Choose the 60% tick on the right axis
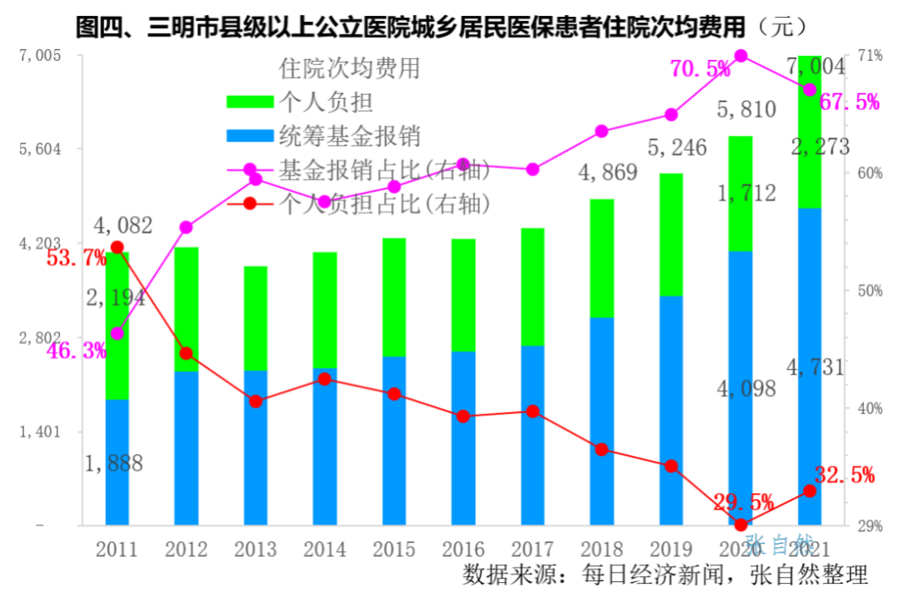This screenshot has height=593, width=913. (x=870, y=173)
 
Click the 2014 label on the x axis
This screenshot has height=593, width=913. (x=325, y=550)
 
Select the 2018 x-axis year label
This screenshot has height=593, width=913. (x=602, y=550)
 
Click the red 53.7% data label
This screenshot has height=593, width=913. (x=76, y=258)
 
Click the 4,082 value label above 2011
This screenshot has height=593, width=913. (x=123, y=226)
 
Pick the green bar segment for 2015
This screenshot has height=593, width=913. (x=394, y=296)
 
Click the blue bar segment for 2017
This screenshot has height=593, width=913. (x=533, y=436)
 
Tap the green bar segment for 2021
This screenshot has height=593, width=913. (x=810, y=135)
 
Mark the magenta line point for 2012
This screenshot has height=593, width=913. (x=187, y=228)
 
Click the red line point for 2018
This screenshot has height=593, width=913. (x=602, y=449)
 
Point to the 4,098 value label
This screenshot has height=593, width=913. (x=746, y=389)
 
